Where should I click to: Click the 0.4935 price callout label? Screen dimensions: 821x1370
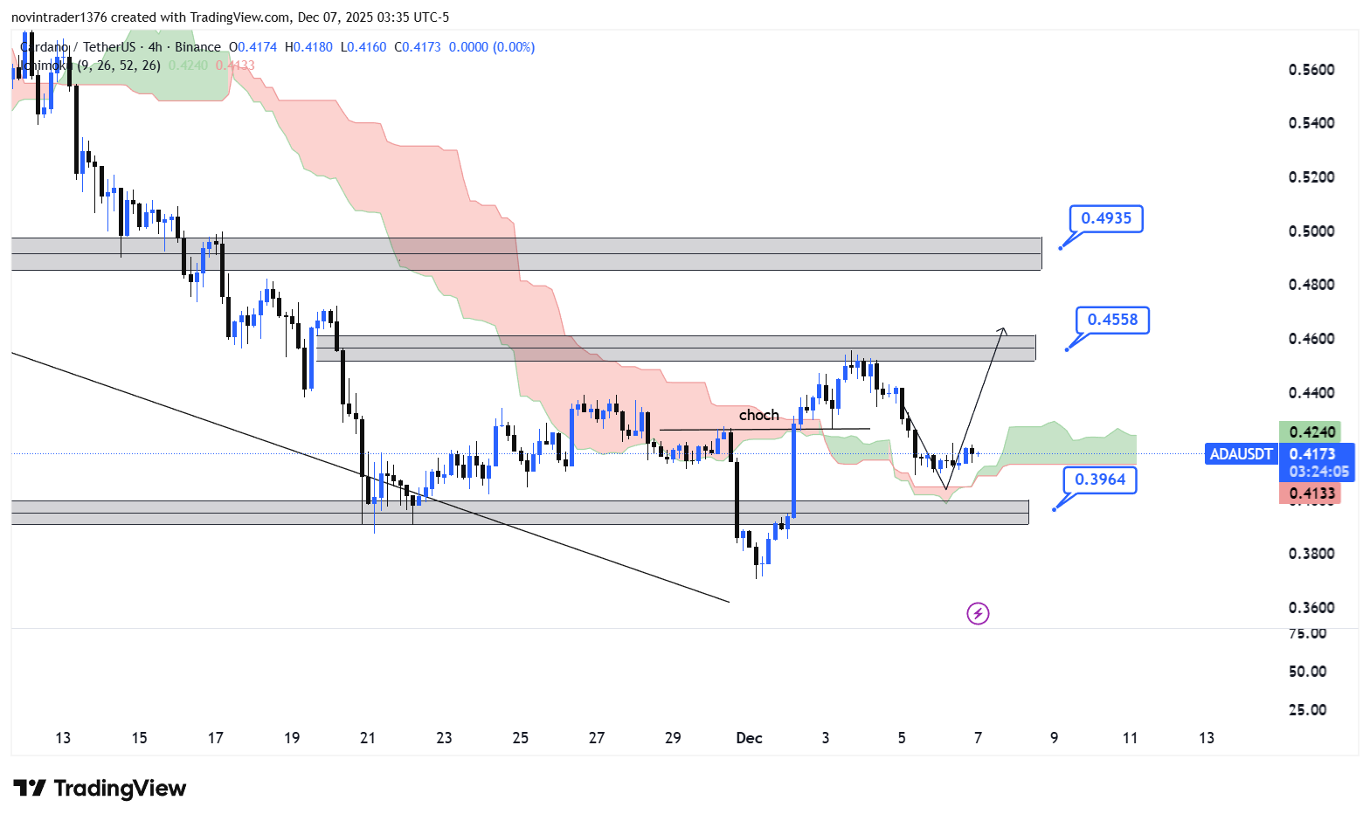point(1106,218)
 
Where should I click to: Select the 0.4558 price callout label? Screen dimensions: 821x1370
point(1112,320)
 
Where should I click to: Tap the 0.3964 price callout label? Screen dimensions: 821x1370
point(1100,479)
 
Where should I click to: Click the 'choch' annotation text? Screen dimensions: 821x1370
point(758,415)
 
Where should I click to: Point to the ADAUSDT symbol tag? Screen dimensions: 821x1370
point(1241,454)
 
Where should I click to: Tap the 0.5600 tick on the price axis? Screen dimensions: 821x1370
point(1311,70)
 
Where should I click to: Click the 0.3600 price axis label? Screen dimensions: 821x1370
point(1311,608)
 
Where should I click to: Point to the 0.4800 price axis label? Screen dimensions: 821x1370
point(1311,285)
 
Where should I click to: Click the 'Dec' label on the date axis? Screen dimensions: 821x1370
point(749,738)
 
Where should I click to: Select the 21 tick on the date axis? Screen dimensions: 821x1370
point(368,738)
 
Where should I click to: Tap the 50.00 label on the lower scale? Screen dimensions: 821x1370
point(1307,672)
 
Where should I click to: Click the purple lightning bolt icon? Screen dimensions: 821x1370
point(978,614)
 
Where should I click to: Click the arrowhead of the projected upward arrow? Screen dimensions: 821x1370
point(1003,329)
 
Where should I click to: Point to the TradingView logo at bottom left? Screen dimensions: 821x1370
point(100,789)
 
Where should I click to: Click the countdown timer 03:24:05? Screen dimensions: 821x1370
point(1318,472)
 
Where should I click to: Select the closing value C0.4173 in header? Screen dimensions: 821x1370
point(418,47)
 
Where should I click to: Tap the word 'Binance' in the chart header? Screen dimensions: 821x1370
point(197,47)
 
